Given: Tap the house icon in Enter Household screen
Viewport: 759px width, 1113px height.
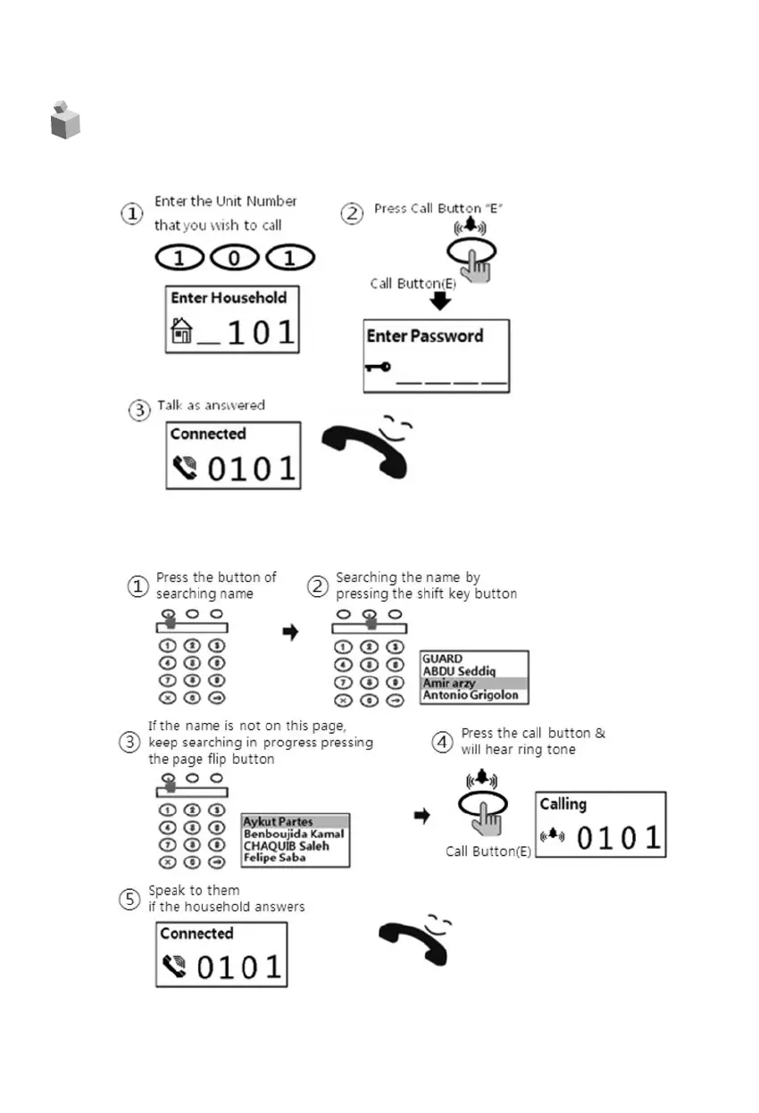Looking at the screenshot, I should click(181, 334).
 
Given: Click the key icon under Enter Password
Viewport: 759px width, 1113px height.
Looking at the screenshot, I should click(378, 366).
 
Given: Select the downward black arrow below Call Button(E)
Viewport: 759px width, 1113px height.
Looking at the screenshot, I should click(439, 302).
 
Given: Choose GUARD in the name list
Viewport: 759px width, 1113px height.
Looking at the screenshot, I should click(443, 659).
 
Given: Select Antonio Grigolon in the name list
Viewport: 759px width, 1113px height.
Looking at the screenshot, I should click(470, 695).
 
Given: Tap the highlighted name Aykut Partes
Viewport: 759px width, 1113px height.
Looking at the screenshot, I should click(277, 822).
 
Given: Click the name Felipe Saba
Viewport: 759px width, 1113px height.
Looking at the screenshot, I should click(275, 858).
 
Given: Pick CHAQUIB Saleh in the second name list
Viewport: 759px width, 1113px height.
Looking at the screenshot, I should click(287, 846).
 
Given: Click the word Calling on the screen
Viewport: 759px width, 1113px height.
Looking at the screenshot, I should click(563, 803).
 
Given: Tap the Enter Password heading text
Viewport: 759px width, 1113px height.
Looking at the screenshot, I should click(425, 336).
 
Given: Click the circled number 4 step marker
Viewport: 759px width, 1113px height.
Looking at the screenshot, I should click(443, 742).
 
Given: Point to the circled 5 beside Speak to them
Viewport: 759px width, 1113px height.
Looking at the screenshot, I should click(131, 899).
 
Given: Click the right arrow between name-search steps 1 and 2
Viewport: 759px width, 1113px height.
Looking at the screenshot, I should click(290, 632).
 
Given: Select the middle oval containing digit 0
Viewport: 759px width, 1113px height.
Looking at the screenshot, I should click(235, 259).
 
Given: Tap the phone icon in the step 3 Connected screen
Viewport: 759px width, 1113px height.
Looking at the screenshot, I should click(184, 467).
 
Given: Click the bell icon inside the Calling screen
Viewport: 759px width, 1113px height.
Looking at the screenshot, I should click(554, 836).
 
